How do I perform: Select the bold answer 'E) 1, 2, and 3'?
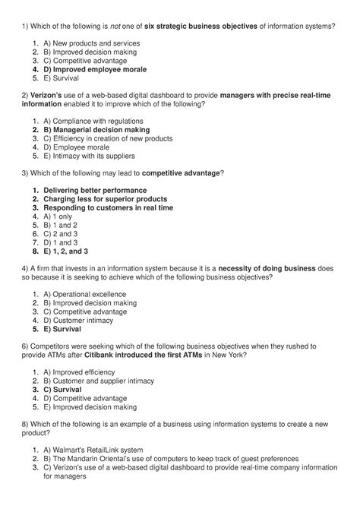[x=66, y=251]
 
